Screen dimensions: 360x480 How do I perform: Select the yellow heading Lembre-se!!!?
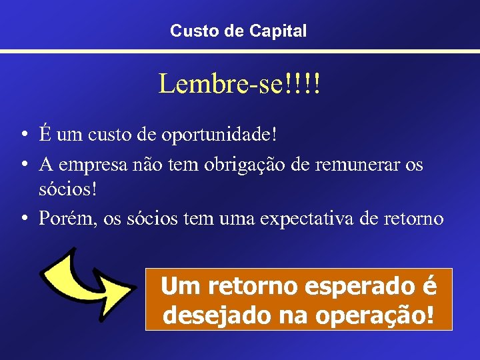pyautogui.click(x=239, y=84)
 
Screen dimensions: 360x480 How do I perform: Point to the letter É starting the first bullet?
pyautogui.click(x=45, y=133)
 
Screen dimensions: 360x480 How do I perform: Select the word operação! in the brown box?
pyautogui.click(x=380, y=314)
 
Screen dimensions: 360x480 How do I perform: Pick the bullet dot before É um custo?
pyautogui.click(x=23, y=135)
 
